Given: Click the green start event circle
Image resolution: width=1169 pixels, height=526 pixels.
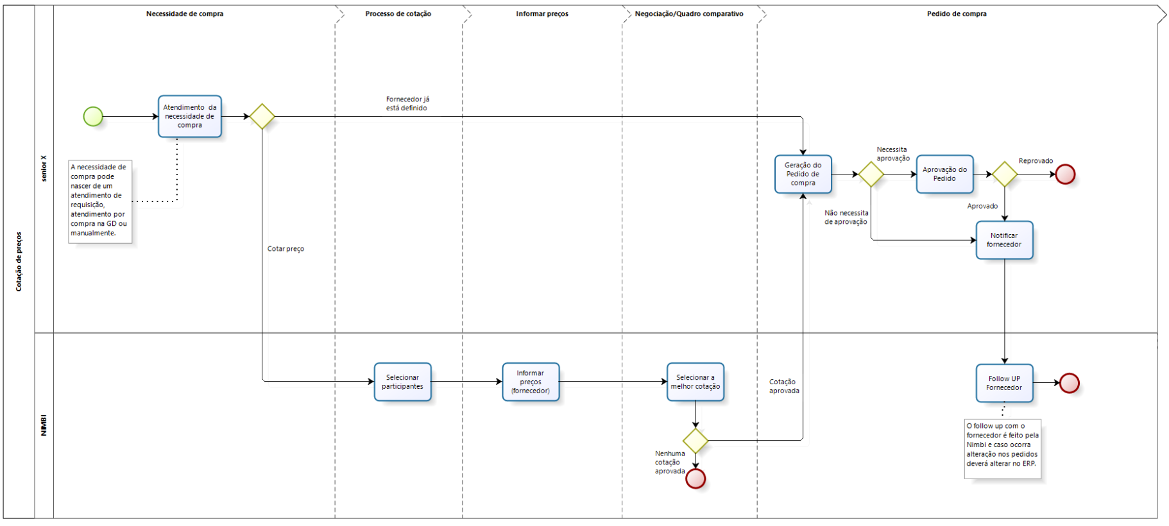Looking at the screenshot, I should point(93,117).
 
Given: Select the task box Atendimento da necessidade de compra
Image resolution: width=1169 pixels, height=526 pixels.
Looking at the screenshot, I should point(190,117).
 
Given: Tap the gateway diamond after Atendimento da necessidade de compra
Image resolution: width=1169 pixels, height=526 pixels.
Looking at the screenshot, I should point(262,117).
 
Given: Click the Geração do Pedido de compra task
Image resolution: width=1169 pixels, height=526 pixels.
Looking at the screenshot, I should point(803,174).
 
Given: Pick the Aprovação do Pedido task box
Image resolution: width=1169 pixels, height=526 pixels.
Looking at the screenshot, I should point(944,174).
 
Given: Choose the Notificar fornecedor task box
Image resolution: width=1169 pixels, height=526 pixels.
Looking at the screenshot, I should point(1004,240).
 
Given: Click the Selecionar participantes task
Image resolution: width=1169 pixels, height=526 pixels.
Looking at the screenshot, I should point(402,382).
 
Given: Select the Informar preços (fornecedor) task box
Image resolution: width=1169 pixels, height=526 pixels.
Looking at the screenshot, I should point(531,382).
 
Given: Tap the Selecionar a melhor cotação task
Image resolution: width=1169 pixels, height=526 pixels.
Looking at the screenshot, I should point(695,382).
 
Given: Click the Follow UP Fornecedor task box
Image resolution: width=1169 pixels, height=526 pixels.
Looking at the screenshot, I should point(1004,383).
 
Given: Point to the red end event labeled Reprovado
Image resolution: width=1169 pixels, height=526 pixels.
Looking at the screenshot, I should point(1065,174).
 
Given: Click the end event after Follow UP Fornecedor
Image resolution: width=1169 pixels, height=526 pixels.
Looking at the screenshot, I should point(1069,383).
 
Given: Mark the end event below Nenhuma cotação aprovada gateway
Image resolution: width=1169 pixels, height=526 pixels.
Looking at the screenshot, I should point(695,479).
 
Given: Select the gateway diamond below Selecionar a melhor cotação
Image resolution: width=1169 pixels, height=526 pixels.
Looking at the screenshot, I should point(695,441).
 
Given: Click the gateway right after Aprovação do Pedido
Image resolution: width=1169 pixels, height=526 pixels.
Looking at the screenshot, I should point(1004,174).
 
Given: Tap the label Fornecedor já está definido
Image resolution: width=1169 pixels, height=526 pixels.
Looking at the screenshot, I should point(407,104).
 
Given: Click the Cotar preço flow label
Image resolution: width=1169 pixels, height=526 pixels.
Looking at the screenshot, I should point(286,249).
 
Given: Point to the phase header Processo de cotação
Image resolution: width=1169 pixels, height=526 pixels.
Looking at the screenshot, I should point(398,13).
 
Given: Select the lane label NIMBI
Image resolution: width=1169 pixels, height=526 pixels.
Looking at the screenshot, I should point(44,425).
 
